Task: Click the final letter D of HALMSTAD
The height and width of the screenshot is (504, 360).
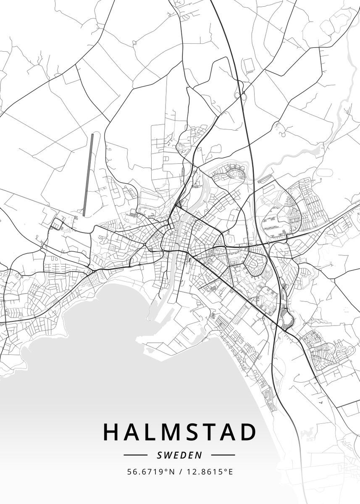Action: coord(248,432)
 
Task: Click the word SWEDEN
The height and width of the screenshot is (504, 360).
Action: coord(179,455)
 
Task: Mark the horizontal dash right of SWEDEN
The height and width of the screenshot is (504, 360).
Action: coord(223,455)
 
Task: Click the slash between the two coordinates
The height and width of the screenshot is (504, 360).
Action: coord(179,472)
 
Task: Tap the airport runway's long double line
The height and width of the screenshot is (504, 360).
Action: coord(88,174)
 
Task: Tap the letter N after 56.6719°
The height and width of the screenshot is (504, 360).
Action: coord(171,472)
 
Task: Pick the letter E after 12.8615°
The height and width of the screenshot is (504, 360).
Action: coord(231,472)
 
